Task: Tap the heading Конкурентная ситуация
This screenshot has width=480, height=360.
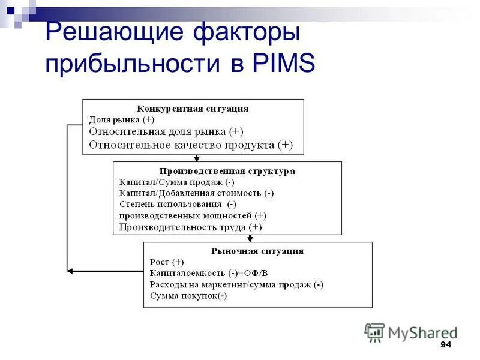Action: pos(193,109)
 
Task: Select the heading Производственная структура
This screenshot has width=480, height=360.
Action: pos(227,171)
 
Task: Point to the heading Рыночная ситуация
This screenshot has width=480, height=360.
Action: pos(257,251)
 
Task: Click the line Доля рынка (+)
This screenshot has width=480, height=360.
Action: pos(122,119)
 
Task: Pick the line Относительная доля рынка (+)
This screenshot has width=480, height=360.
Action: pos(166,131)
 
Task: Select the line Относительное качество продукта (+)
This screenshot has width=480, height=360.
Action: pos(191,145)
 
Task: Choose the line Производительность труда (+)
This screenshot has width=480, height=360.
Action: pos(190,227)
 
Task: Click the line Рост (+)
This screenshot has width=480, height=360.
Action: pos(167,262)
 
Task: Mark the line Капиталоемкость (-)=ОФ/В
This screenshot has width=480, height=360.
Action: pos(208,273)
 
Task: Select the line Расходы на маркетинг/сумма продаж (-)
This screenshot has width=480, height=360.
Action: pos(236,284)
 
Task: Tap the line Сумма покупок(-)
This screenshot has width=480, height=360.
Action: pos(188,296)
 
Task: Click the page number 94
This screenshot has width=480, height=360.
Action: pos(445,344)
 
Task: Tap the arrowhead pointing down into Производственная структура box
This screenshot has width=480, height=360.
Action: pos(196,159)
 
